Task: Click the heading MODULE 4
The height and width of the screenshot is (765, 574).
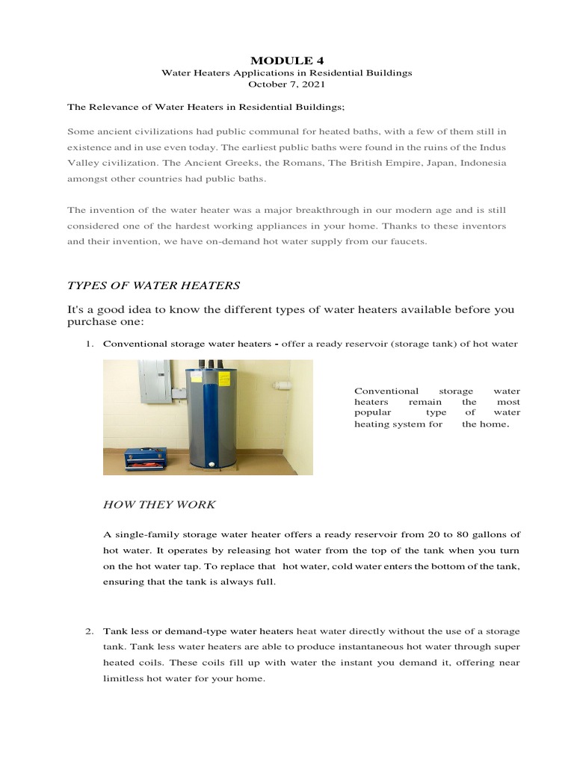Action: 287,60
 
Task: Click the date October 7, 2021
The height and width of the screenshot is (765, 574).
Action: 287,85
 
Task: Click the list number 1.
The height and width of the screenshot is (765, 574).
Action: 88,344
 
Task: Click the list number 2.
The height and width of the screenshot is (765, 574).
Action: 88,631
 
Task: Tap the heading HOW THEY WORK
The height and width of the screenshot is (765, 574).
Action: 158,505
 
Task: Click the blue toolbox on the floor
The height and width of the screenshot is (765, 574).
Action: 146,458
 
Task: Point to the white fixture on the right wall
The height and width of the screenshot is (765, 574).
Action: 283,385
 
